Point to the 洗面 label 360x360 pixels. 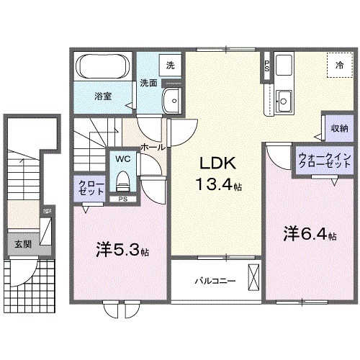tap(149, 82)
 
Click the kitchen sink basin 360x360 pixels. tap(284, 98)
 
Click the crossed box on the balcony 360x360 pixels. tap(253, 276)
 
